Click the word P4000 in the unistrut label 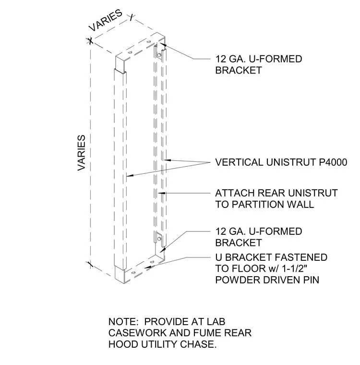pyautogui.click(x=333, y=162)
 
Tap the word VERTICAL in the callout pyautogui.click(x=240, y=162)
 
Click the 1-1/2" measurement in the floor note pyautogui.click(x=295, y=268)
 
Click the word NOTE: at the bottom pyautogui.click(x=123, y=322)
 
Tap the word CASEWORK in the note pyautogui.click(x=137, y=333)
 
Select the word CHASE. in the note pyautogui.click(x=198, y=344)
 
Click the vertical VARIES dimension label pyautogui.click(x=82, y=153)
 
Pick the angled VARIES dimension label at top pyautogui.click(x=106, y=20)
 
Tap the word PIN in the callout pyautogui.click(x=311, y=280)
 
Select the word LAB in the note pyautogui.click(x=216, y=322)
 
